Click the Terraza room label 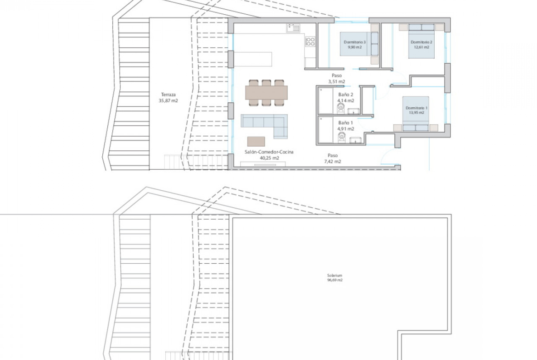(168, 95)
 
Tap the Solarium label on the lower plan (335, 275)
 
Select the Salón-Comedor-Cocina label (269, 152)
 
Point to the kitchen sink (293, 28)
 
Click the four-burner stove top (310, 42)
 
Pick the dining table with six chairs (267, 93)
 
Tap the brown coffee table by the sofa (256, 141)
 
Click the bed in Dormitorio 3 (359, 44)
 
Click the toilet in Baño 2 (341, 108)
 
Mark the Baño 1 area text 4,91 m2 (346, 129)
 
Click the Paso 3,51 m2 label (336, 78)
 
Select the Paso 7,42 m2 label (333, 158)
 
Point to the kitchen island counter (253, 59)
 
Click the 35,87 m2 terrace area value (168, 101)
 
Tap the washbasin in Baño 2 (353, 111)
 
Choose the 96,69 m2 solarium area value (335, 280)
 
